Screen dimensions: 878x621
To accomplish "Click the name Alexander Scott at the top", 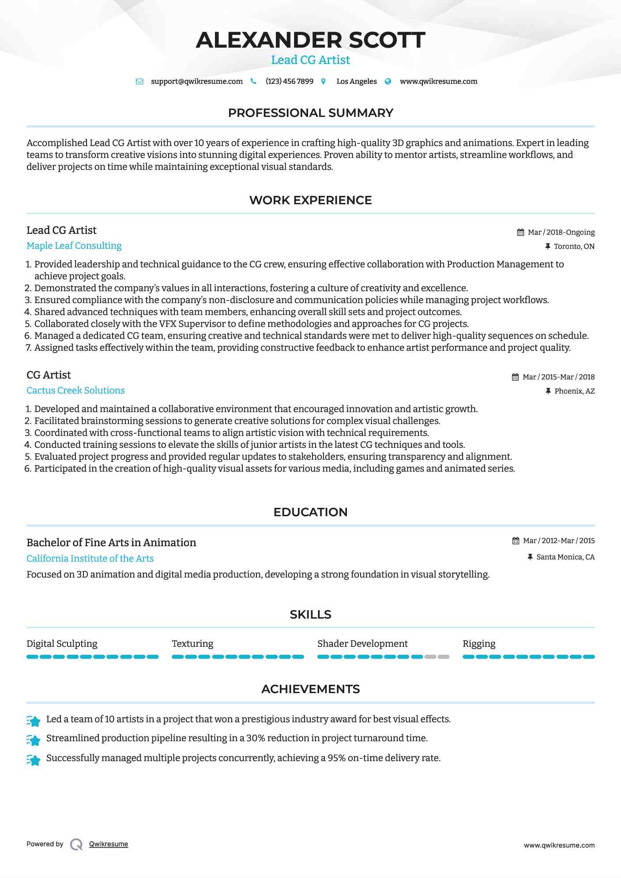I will coord(310,40).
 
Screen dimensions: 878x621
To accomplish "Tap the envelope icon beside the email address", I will coord(139,82).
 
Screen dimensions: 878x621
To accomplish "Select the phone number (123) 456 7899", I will coord(289,82).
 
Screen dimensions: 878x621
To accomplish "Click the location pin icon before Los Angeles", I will coord(324,82).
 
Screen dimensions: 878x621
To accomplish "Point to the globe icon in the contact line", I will coord(388,82).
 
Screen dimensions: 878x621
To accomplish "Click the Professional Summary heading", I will coord(310,113).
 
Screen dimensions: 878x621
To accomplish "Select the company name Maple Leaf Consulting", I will coord(74,246).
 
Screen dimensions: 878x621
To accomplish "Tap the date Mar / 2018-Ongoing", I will coord(561,233).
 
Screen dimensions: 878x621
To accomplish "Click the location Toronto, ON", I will coord(574,247).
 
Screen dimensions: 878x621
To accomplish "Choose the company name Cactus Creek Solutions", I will coord(75,390).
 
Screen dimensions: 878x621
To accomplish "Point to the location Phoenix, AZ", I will coord(574,391).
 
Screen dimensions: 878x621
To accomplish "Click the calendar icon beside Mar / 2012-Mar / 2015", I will coord(516,541).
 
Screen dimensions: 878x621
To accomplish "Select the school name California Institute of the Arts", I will coord(90,559).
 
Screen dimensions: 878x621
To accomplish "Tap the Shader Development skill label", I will coord(362,644).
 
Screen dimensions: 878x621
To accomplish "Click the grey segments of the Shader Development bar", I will coord(437,657).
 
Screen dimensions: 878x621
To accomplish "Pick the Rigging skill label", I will coord(479,644).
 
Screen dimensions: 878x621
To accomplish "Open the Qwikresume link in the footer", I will coord(109,844).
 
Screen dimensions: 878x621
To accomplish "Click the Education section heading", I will coord(310,512).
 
